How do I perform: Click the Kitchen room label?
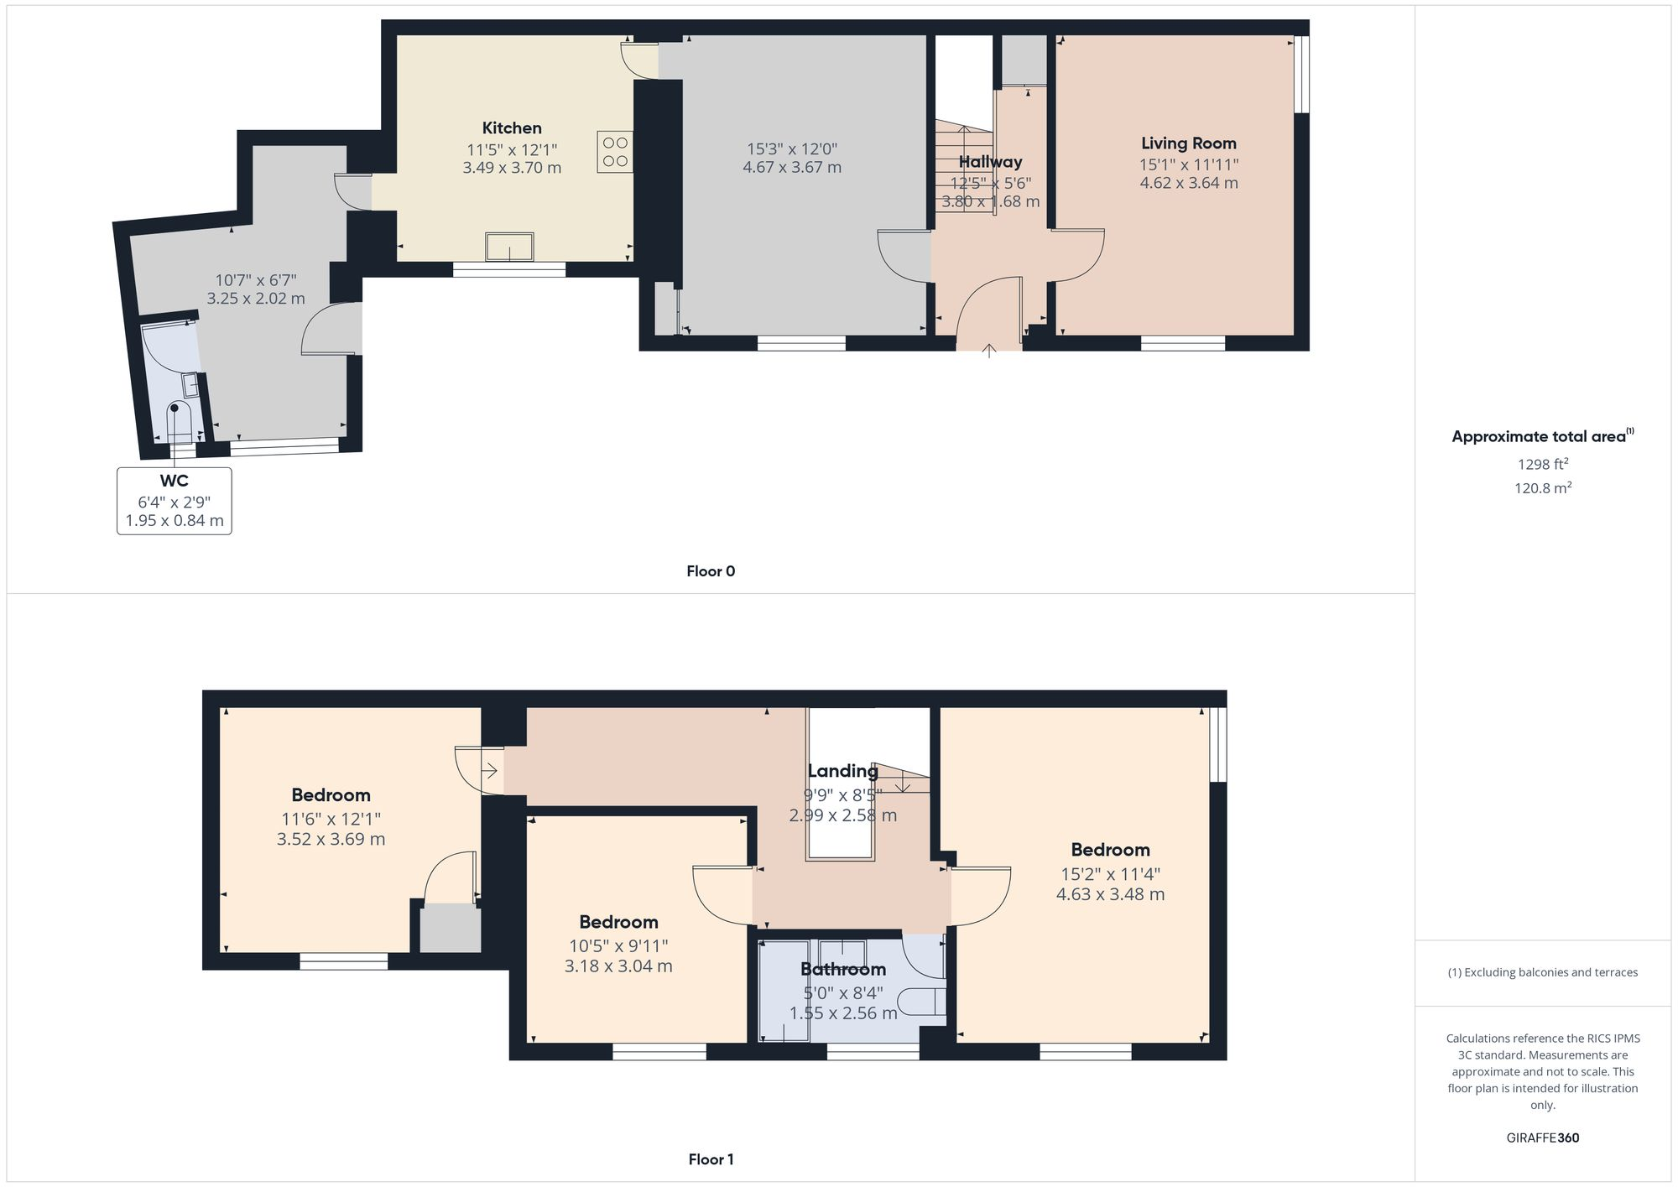[x=511, y=128]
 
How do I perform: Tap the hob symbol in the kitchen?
[x=614, y=152]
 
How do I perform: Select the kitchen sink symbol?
[x=509, y=247]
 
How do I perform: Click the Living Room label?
[x=1188, y=143]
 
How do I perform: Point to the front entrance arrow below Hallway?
[x=989, y=350]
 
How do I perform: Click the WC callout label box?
[x=175, y=501]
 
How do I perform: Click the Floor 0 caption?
[x=710, y=571]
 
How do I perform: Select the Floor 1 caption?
[x=710, y=1159]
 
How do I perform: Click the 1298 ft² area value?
[x=1542, y=464]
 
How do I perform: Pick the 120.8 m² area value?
[x=1542, y=487]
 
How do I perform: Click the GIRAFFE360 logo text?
[x=1542, y=1138]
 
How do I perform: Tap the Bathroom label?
[x=842, y=970]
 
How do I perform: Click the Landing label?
[x=842, y=771]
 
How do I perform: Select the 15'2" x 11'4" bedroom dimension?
[x=1109, y=873]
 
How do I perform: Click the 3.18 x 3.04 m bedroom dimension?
[x=618, y=966]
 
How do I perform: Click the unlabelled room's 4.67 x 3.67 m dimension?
[x=791, y=168]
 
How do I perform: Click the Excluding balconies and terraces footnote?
[x=1542, y=972]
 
